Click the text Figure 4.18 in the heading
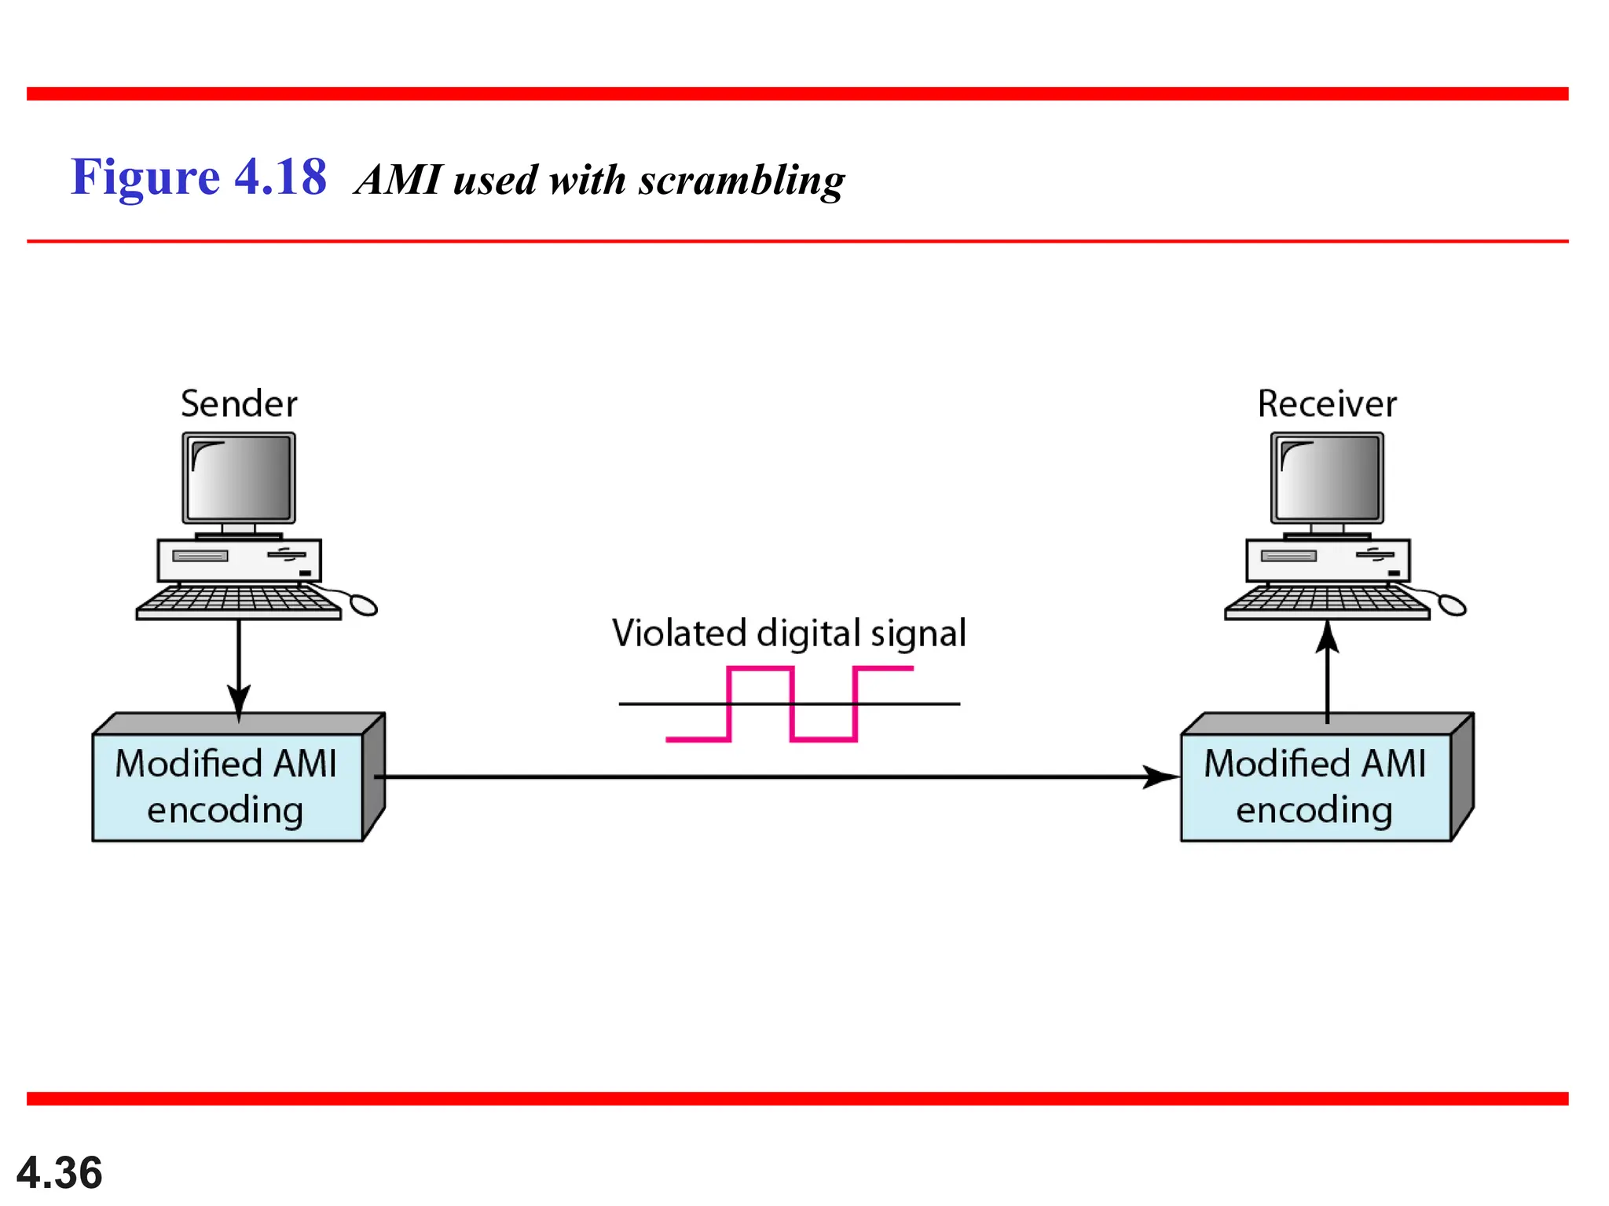198,177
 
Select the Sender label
239,404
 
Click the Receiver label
1327,404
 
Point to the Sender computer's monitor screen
239,477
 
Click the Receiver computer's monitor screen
1327,477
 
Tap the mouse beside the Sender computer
363,605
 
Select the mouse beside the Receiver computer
1452,605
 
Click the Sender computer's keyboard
238,601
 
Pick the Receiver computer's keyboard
1327,601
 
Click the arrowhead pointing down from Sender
239,699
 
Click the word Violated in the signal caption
679,634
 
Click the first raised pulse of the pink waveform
760,670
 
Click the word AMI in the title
400,180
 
